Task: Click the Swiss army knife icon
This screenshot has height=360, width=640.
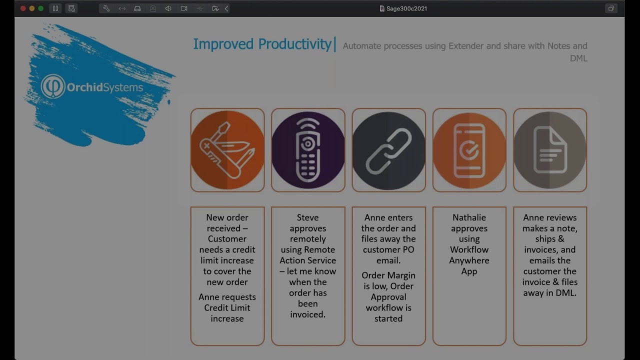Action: click(x=227, y=150)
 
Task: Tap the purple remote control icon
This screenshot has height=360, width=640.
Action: click(x=308, y=150)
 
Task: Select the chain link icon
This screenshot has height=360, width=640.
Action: click(x=388, y=150)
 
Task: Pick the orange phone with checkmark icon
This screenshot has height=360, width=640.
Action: click(x=469, y=150)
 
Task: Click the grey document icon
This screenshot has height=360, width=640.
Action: click(x=549, y=150)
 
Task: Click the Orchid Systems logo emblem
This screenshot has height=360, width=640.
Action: click(x=53, y=87)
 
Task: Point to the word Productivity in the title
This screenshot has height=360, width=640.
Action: click(x=294, y=44)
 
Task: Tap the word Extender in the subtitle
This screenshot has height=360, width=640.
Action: click(x=466, y=46)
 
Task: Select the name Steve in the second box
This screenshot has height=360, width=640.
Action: click(x=307, y=217)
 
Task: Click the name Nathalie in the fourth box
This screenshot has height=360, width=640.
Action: click(x=469, y=217)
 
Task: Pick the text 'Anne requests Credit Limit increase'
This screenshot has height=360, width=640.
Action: click(x=227, y=307)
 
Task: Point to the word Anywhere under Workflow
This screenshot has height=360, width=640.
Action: click(x=469, y=260)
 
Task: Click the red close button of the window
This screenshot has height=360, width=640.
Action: click(x=23, y=8)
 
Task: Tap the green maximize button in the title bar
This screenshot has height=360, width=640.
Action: click(x=41, y=8)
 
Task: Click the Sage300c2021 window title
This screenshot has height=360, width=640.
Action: click(x=406, y=8)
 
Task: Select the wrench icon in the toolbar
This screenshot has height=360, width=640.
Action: click(x=106, y=8)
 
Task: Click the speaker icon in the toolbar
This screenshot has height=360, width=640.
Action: click(x=168, y=8)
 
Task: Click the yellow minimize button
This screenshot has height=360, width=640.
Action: click(x=32, y=8)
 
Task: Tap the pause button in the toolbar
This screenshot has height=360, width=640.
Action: click(x=55, y=8)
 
